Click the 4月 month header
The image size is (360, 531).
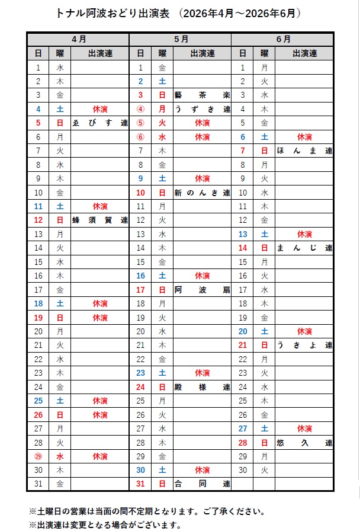pos(78,39)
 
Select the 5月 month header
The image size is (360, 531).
pos(181,39)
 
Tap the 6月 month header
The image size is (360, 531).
pos(283,39)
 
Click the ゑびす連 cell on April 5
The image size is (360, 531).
pos(99,123)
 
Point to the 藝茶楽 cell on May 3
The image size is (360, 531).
pos(202,95)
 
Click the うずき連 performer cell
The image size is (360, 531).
pos(202,109)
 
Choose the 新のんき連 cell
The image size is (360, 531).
pos(202,193)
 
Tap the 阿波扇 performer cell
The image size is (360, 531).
pos(202,290)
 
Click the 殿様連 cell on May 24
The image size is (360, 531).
pos(202,387)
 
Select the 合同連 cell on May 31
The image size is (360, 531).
pos(202,484)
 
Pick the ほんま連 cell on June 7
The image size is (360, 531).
pos(304,151)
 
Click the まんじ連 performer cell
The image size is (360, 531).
pos(304,248)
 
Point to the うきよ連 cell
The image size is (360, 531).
pos(304,345)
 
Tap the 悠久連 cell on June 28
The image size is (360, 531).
pos(304,442)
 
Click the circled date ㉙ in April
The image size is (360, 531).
pos(38,456)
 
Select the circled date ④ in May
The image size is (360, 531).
pos(140,109)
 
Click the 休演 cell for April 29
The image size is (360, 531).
pos(99,456)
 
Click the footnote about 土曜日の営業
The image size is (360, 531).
pos(146,511)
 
